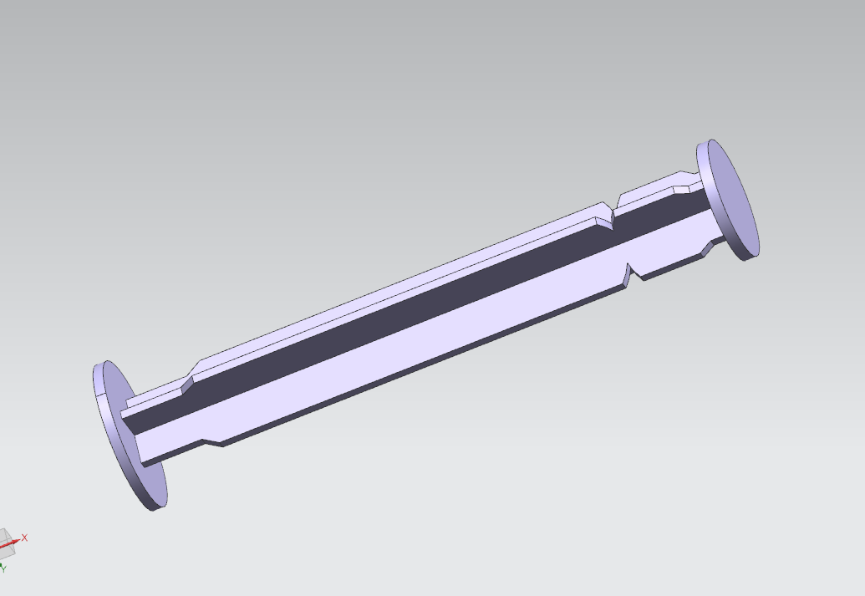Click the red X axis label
[24, 537]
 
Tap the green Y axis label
[3, 568]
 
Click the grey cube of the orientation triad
[4, 543]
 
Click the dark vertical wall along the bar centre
[418, 288]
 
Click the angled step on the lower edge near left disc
[214, 440]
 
